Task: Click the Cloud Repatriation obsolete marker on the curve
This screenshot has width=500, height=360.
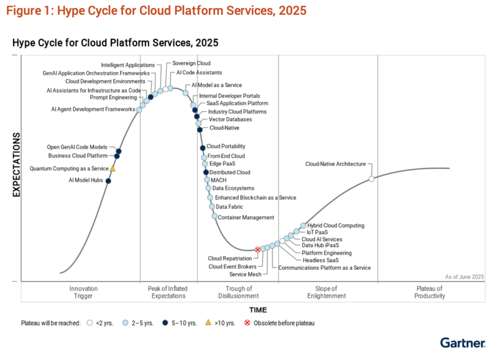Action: coord(258,250)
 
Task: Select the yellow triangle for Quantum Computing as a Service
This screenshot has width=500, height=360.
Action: coord(113,168)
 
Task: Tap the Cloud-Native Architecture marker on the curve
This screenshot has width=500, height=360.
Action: coord(372,179)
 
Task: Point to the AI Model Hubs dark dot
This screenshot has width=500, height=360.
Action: coord(108,181)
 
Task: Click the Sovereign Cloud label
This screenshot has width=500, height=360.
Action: coord(191,63)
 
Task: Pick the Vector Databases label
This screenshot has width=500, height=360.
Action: coord(230,120)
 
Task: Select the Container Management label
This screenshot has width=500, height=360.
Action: coord(246,217)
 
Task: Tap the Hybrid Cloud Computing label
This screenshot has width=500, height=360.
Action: coord(336,225)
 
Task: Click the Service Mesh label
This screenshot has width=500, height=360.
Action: coord(245,274)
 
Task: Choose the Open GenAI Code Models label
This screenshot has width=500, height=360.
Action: coord(77,147)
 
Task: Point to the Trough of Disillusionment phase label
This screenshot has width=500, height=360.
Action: coord(238,292)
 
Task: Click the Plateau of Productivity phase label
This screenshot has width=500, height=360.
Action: coord(430,292)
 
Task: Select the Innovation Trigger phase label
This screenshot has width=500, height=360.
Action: coord(83,292)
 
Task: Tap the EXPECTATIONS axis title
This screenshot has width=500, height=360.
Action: coord(16,165)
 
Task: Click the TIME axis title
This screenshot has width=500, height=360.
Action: coord(258,310)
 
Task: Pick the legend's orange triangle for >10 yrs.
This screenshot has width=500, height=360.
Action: coord(208,322)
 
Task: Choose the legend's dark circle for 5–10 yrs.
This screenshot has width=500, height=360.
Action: coord(165,323)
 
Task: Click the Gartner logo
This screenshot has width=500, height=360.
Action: coord(463,343)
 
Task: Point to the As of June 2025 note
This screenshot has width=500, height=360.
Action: coord(464,277)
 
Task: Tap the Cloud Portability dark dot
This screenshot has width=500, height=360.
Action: coord(203,148)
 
